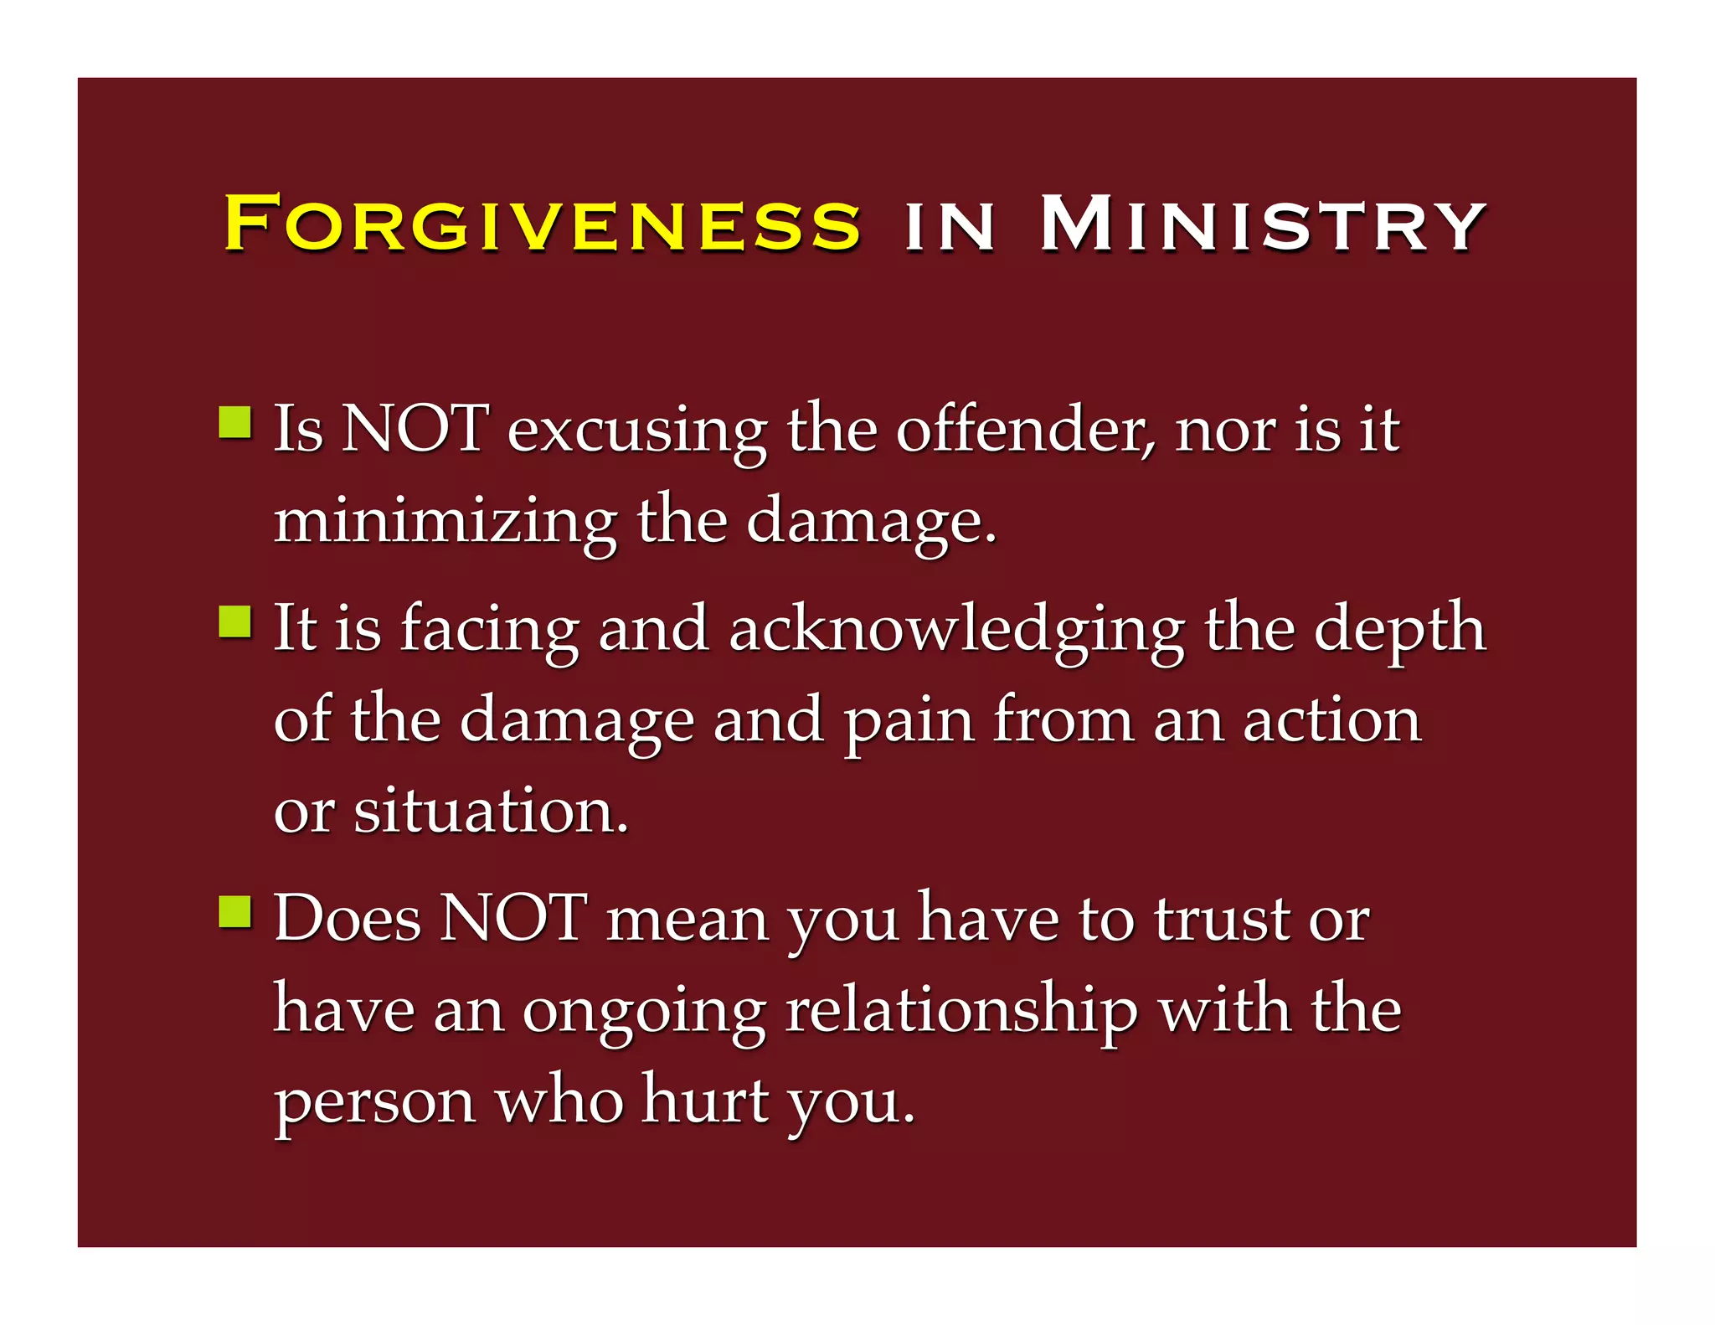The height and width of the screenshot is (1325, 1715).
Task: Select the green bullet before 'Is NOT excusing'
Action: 235,422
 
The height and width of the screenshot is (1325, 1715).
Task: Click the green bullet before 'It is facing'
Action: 235,622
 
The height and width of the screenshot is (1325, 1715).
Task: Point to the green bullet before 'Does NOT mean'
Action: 235,912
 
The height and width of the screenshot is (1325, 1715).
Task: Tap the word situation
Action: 491,811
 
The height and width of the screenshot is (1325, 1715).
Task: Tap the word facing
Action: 489,631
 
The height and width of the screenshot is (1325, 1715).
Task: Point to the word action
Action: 1331,720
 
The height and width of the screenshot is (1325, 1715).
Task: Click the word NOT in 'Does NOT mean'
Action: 512,919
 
